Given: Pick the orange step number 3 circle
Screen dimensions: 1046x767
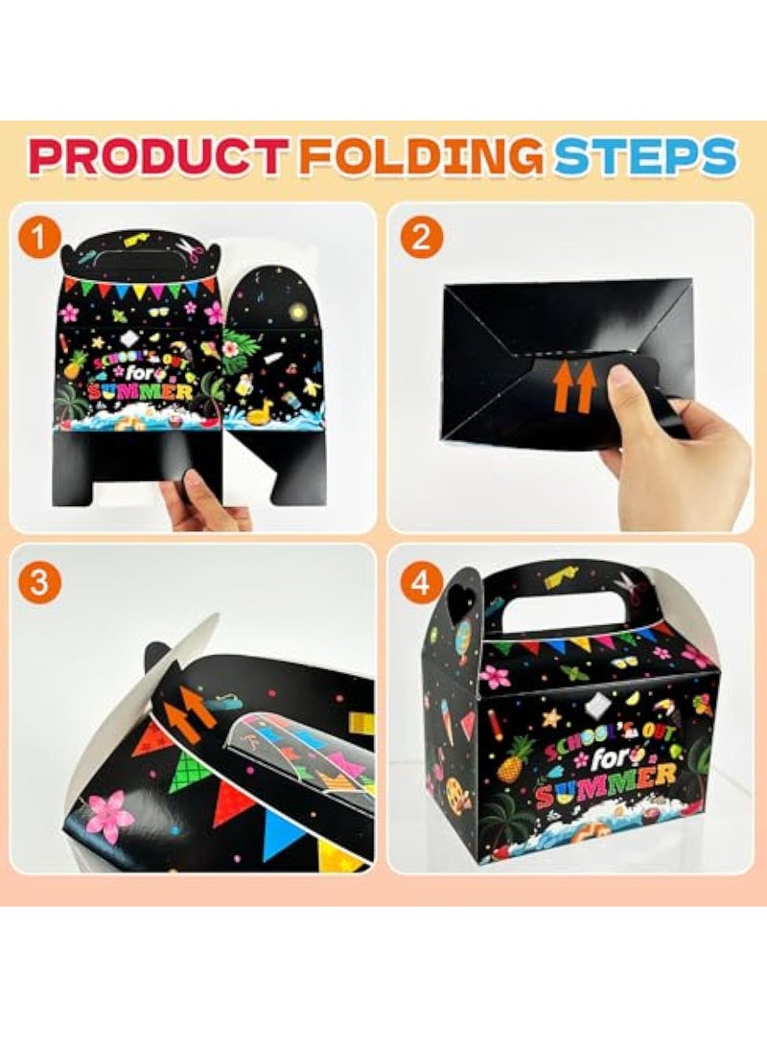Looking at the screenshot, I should click(38, 583).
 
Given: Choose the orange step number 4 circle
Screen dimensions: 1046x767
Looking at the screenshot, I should click(420, 583).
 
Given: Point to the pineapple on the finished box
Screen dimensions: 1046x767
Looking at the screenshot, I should click(516, 756).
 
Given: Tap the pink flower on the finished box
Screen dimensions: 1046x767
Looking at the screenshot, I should click(496, 677).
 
